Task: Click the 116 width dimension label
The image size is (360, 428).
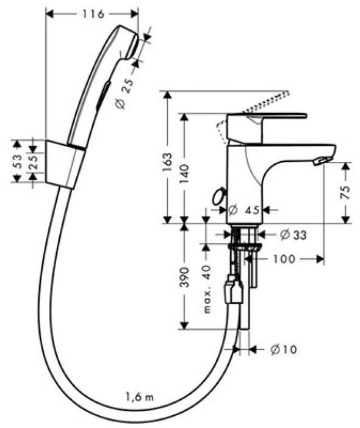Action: [x=93, y=13]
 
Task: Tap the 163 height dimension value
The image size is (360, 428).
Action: [x=167, y=162]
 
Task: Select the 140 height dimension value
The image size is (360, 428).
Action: [x=185, y=173]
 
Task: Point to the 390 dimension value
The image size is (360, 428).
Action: [x=185, y=277]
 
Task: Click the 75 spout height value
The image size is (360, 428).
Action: [x=345, y=192]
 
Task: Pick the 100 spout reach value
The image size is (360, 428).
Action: [x=284, y=259]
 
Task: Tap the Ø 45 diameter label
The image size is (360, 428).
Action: [x=243, y=210]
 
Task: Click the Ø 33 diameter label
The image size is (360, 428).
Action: [x=293, y=234]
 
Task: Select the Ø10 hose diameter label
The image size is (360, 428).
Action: [x=283, y=349]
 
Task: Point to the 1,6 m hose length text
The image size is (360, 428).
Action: [x=140, y=397]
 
